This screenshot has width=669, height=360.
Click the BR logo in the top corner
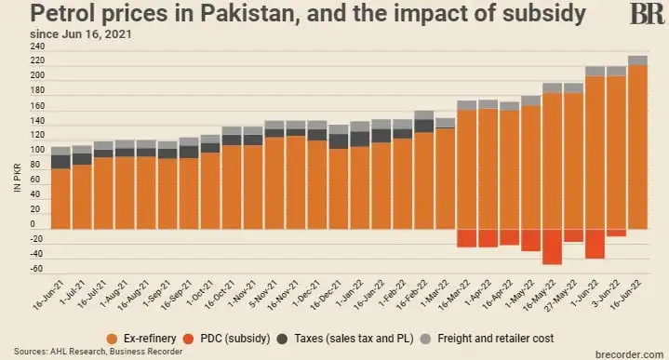tap(647, 14)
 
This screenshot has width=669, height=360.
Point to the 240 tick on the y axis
tap(37, 47)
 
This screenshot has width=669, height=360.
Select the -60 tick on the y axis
tap(37, 270)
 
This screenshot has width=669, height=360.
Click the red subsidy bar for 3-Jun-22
tap(616, 233)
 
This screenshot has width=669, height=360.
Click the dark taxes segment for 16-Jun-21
tap(60, 161)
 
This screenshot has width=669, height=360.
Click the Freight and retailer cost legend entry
tap(492, 336)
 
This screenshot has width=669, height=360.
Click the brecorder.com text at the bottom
tap(624, 353)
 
